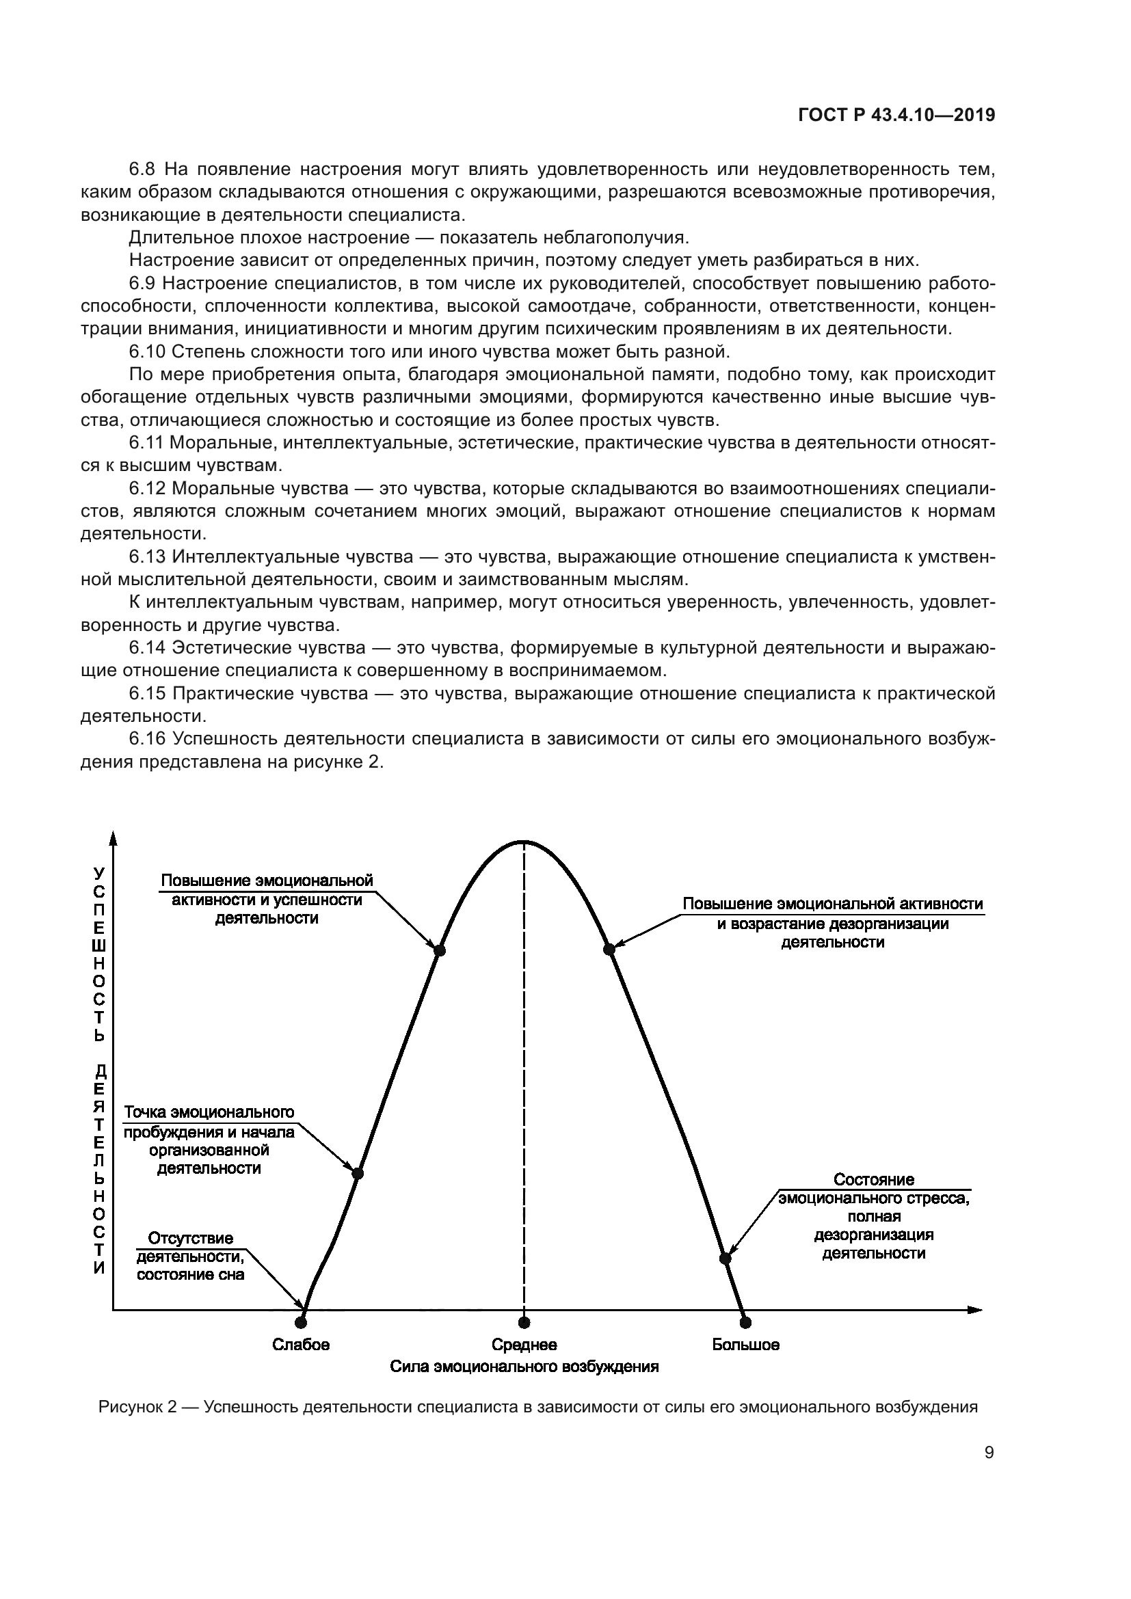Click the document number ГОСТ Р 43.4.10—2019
pos(896,116)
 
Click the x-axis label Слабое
pos(301,1345)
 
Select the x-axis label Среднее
pos(524,1345)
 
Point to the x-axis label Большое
pos(745,1345)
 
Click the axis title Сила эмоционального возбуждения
pos(524,1367)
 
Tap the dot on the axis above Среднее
pos(524,1322)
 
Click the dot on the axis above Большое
pos(745,1322)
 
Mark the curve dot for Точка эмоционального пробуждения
pos(357,1173)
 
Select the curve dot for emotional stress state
pos(725,1259)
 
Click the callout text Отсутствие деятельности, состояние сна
pos(190,1257)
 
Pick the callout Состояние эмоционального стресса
pos(874,1216)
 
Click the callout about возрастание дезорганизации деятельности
pos(833,923)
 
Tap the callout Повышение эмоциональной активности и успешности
pos(267,899)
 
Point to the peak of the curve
pos(524,842)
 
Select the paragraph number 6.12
pos(148,489)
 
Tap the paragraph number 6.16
pos(148,739)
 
